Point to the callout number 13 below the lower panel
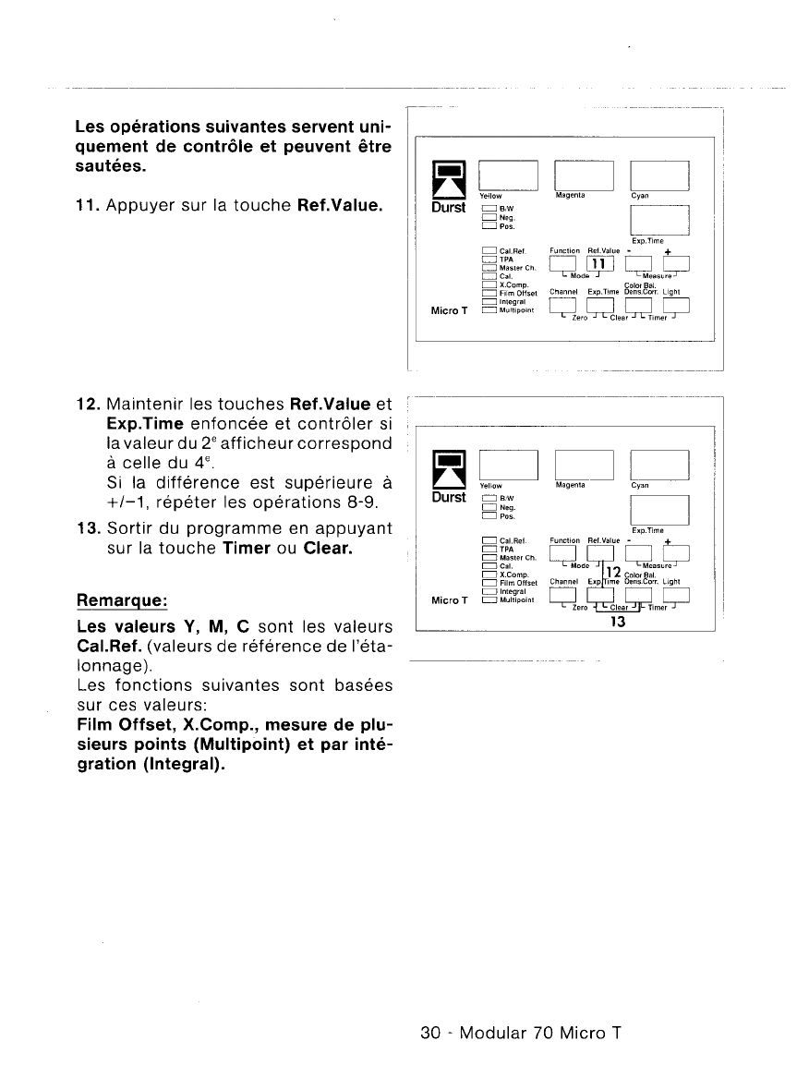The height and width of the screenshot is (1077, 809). (x=619, y=622)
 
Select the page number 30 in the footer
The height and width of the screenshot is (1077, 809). (x=429, y=1033)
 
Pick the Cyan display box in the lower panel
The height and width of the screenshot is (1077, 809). (x=658, y=465)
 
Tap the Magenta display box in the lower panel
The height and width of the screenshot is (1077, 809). (x=584, y=465)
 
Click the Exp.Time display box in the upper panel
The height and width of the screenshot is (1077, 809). (x=658, y=220)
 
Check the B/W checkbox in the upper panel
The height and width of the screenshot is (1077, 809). (x=489, y=210)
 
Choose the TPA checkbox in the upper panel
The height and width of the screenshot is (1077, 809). (x=489, y=260)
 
